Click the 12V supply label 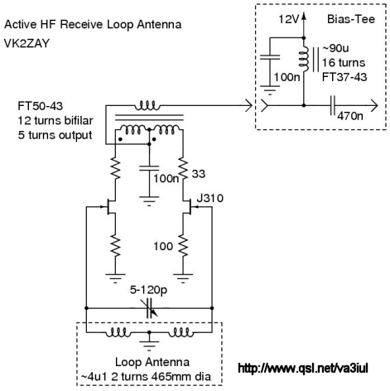click(288, 19)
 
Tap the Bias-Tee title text click(351, 19)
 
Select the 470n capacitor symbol click(333, 105)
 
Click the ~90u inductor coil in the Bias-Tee click(304, 60)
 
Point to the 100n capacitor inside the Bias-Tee click(270, 57)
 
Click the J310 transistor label click(210, 198)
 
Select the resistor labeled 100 click(183, 245)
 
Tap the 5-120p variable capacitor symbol click(149, 308)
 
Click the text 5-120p click(148, 290)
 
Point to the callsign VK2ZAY click(26, 43)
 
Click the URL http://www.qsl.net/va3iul click(303, 368)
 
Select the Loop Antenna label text click(152, 362)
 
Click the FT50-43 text click(41, 106)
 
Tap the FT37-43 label click(344, 77)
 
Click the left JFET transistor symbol click(109, 206)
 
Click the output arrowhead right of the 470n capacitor click(374, 105)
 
